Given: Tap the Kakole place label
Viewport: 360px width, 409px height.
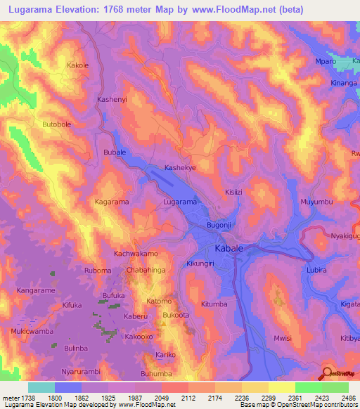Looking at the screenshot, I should point(77,65).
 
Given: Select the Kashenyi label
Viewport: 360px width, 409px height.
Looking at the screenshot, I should point(111,100).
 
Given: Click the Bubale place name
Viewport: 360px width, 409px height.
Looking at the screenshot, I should point(115,152).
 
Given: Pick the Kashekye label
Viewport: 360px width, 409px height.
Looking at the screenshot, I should point(179,169).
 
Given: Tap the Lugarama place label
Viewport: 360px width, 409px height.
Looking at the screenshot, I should point(179,202).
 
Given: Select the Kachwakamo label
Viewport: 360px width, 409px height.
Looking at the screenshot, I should point(136,252).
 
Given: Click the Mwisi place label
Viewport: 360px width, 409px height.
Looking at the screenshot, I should point(283,338).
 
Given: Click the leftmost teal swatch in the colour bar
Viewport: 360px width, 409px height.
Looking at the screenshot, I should point(41,387).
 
